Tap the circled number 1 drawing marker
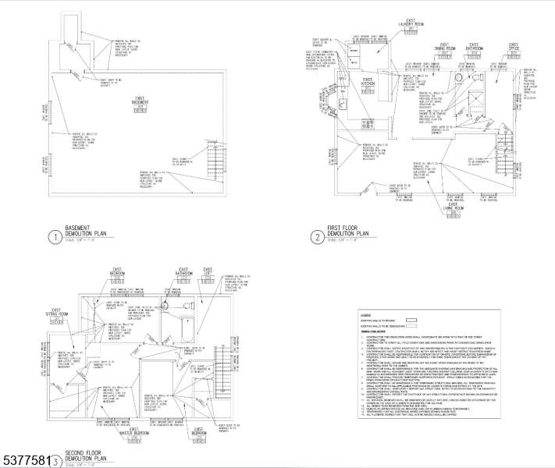pos(55,238)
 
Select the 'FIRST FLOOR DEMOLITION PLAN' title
pos(347,232)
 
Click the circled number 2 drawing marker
pos(317,237)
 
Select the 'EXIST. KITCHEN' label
pos(368,81)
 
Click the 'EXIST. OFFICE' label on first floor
pos(513,48)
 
